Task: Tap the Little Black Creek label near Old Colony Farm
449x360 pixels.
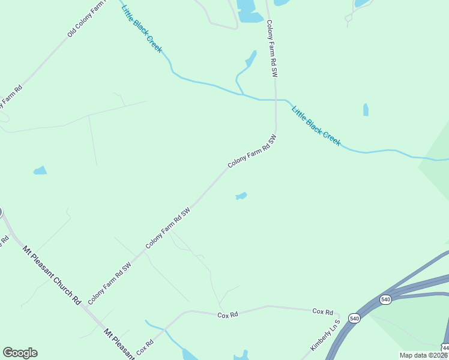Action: point(142,28)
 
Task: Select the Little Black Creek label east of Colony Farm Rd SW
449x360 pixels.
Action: point(316,125)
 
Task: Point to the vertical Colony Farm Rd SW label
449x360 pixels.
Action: point(271,49)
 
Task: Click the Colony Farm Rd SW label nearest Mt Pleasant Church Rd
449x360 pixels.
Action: point(109,283)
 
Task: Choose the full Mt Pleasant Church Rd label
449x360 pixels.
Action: point(52,274)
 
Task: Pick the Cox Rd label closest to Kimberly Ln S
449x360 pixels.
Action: point(322,311)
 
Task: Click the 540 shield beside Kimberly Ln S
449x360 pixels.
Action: point(354,319)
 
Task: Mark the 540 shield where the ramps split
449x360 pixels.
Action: point(385,298)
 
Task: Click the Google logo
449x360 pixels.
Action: point(20,353)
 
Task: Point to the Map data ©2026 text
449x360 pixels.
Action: point(423,355)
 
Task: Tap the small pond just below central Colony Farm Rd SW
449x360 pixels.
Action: point(241,196)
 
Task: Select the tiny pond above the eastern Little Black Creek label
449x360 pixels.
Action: point(366,110)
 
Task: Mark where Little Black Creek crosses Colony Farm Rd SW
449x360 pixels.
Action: point(276,99)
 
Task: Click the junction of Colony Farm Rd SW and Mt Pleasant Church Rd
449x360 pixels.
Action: point(86,308)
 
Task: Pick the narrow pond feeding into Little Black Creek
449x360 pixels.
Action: point(247,66)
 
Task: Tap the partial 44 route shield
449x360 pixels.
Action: point(445,347)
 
